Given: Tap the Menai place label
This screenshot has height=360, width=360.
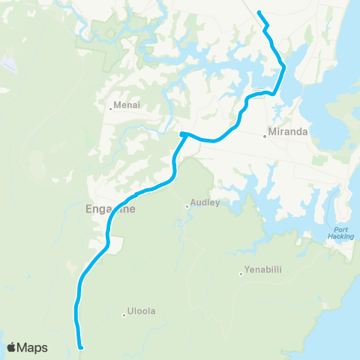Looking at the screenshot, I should [x=123, y=106].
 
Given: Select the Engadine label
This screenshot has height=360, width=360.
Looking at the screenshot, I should [x=106, y=209].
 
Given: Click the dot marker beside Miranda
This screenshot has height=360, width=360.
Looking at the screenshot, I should [x=265, y=136].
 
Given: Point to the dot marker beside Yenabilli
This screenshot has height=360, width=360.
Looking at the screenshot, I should [x=241, y=273].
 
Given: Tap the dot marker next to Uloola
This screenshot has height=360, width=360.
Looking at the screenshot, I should [x=124, y=315].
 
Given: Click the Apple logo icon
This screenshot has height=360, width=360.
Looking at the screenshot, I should [x=12, y=347].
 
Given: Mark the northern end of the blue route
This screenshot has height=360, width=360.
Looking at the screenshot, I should [x=259, y=12].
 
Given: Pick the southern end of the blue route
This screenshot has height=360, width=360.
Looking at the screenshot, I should [x=79, y=347].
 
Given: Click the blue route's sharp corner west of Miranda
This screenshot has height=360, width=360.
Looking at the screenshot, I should [x=182, y=134].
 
